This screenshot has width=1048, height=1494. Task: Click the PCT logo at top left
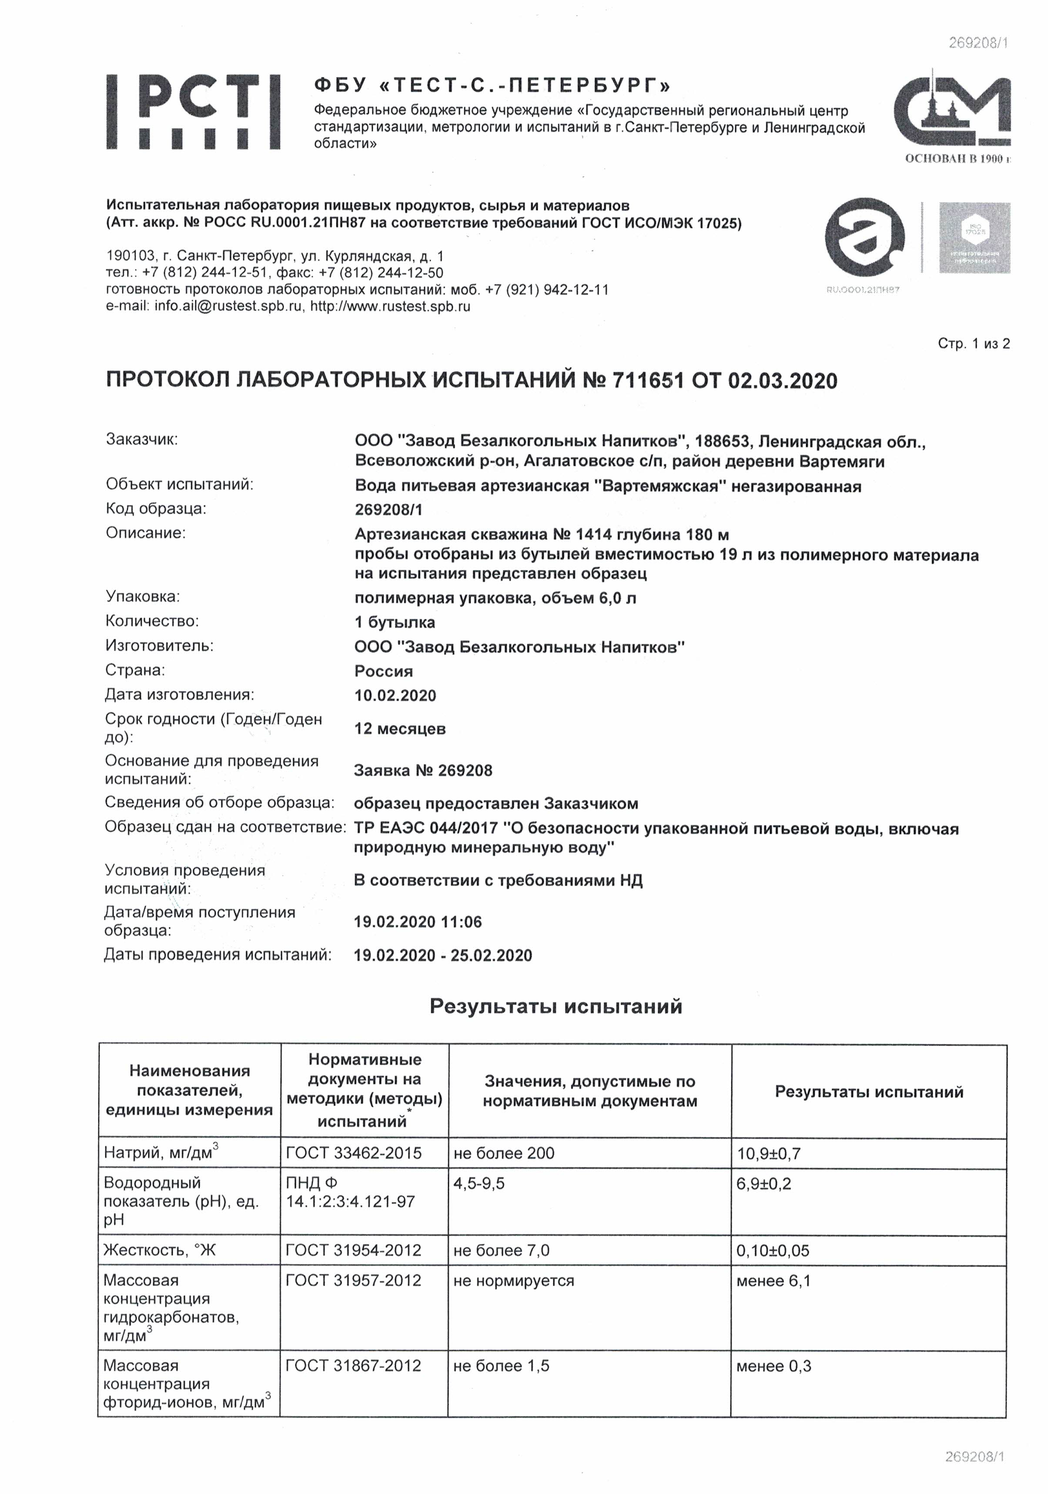[193, 112]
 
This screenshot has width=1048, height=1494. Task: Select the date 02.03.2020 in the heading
[783, 380]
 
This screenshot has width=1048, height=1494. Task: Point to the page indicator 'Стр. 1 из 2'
[973, 344]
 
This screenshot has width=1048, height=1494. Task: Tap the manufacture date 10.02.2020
[395, 695]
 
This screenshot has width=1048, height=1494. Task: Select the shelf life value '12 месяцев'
[400, 729]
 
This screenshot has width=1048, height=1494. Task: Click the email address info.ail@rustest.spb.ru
[228, 307]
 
